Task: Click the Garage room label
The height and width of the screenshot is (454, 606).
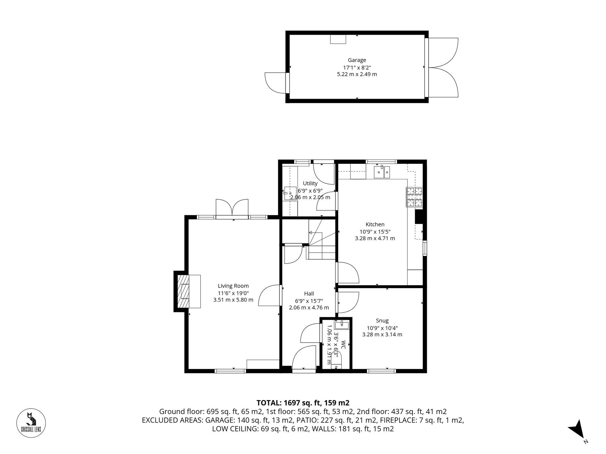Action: tap(357, 60)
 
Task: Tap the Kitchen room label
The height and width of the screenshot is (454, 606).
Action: tap(375, 224)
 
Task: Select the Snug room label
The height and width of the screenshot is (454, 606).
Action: tap(382, 321)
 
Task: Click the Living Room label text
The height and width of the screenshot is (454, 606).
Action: tap(233, 286)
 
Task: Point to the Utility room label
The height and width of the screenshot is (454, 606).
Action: tap(310, 183)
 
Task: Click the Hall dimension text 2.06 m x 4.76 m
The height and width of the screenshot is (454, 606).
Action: tap(309, 308)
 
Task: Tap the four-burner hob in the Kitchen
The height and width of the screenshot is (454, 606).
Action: tap(414, 197)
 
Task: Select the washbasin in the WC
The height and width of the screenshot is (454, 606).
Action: tap(341, 325)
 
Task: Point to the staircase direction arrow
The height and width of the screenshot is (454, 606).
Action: tap(311, 232)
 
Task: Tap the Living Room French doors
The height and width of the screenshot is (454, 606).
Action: tap(232, 208)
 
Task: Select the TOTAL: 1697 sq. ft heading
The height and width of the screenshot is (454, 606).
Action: tap(303, 403)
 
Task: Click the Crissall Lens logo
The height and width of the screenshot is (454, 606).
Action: tap(31, 423)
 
